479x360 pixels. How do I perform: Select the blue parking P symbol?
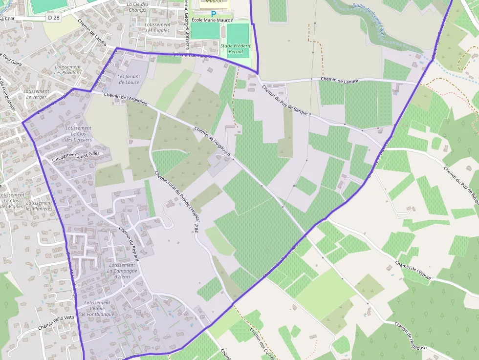[x=213, y=14]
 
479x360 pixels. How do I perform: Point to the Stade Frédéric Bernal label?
[x=236, y=48]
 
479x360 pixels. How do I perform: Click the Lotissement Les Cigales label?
[x=158, y=27]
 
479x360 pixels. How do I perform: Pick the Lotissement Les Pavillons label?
[x=67, y=70]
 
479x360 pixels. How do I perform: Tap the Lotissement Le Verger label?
[x=36, y=94]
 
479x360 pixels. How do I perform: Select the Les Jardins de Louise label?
[x=129, y=79]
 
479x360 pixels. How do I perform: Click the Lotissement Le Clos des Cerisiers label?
[x=78, y=134]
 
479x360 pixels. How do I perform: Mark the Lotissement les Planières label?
[x=39, y=206]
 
